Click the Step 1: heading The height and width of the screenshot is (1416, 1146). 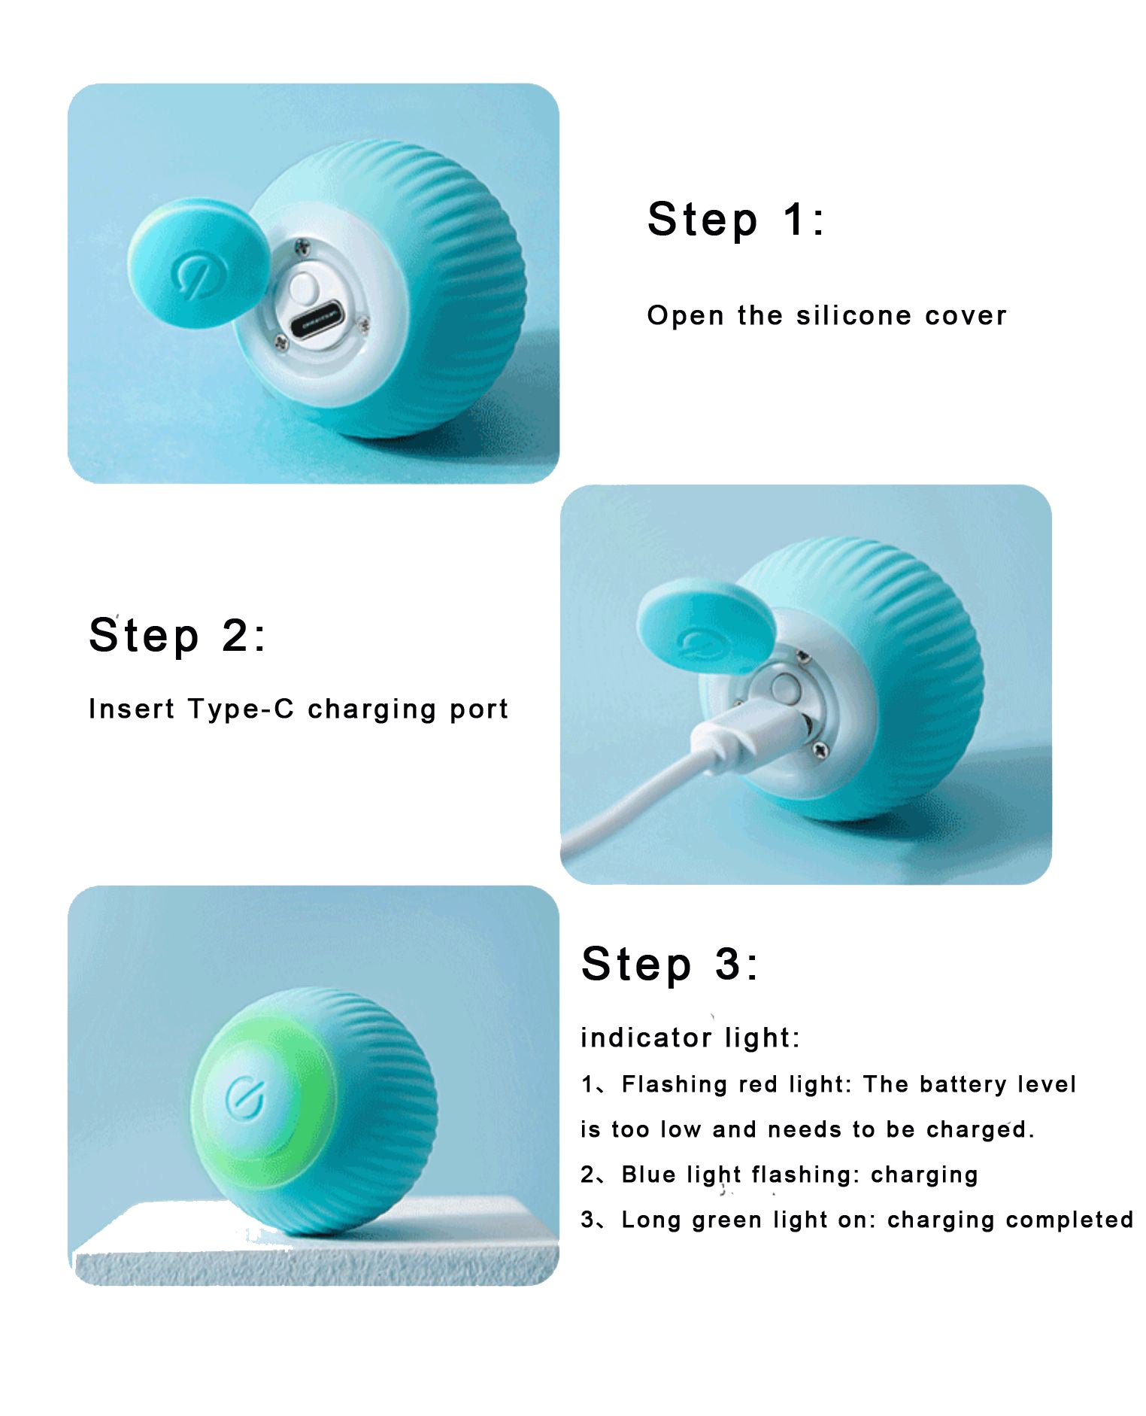(x=735, y=220)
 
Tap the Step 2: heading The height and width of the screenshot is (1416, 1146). (x=177, y=636)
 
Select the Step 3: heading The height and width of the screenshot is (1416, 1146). (x=669, y=964)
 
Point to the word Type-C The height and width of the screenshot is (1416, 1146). (x=241, y=709)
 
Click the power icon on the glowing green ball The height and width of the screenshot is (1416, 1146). (x=245, y=1097)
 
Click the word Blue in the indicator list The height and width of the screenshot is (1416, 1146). (x=648, y=1174)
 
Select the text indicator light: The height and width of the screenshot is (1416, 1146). (x=690, y=1038)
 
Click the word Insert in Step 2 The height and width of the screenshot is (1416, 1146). (x=132, y=709)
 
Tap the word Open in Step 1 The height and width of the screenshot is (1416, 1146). (x=686, y=316)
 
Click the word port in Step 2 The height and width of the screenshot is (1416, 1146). (x=479, y=710)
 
